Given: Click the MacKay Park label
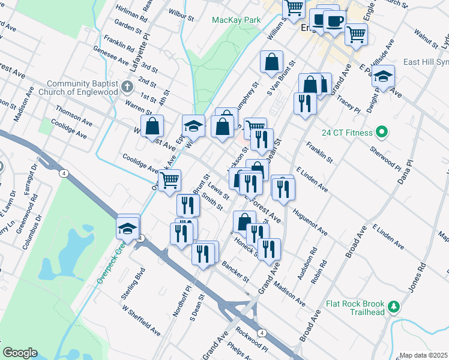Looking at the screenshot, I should point(237,20).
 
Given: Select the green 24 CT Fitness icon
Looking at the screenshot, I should point(380,132).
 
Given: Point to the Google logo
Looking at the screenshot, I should point(20,353).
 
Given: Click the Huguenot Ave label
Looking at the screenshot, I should point(310,221).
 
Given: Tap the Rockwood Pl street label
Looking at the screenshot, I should point(252,340).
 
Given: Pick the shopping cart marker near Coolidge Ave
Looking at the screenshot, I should point(170,179).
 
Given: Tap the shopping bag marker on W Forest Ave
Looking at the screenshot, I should point(152,125).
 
